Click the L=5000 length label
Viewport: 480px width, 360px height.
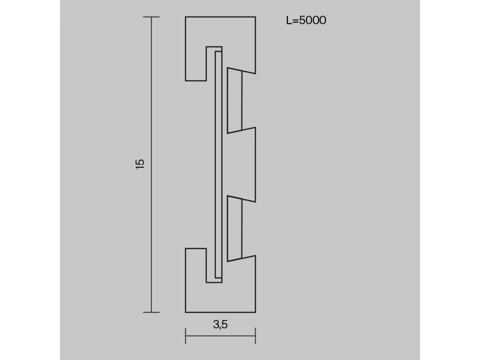(x=306, y=20)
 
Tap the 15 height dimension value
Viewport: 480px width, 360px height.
(x=140, y=164)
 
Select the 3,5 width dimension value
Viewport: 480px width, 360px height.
(x=220, y=324)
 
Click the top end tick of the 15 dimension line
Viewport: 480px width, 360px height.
(x=151, y=17)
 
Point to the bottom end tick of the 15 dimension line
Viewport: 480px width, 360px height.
(x=151, y=312)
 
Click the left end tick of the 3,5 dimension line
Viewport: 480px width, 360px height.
(x=186, y=336)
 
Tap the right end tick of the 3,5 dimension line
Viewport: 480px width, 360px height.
(x=256, y=336)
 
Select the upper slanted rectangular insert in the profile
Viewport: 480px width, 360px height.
(x=234, y=100)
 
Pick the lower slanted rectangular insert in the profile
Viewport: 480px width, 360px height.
(x=234, y=229)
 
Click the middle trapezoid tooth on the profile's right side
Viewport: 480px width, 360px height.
(x=242, y=164)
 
